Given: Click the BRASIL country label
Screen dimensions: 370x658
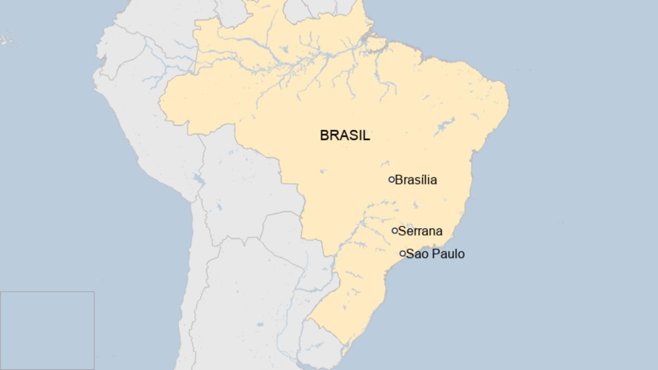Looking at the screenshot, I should pyautogui.click(x=345, y=135).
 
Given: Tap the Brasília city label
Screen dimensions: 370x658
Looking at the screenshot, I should pyautogui.click(x=416, y=180).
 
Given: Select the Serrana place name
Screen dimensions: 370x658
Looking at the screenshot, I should pyautogui.click(x=420, y=231).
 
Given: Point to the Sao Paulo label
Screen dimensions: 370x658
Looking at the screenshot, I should pyautogui.click(x=435, y=254).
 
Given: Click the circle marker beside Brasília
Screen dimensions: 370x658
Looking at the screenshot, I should pyautogui.click(x=391, y=180).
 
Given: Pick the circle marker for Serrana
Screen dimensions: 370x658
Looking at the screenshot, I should pyautogui.click(x=395, y=231).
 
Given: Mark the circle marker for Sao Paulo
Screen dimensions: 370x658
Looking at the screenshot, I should pyautogui.click(x=402, y=254).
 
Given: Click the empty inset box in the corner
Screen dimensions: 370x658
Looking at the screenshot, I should pyautogui.click(x=47, y=331).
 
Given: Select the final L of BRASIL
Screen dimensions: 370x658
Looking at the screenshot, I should pyautogui.click(x=366, y=135).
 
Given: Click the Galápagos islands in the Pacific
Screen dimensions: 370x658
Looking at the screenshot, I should pyautogui.click(x=6, y=39).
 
